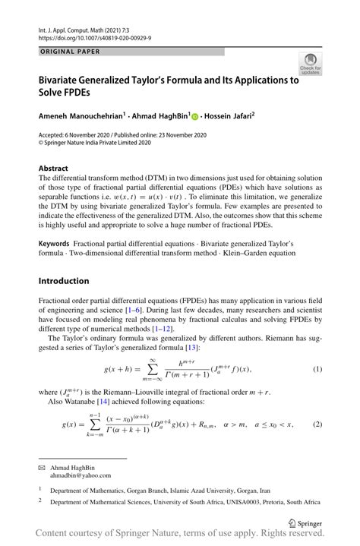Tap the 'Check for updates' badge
[x=309, y=63]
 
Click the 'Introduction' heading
[x=64, y=281]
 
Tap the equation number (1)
[x=317, y=368]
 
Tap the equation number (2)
[x=317, y=423]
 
